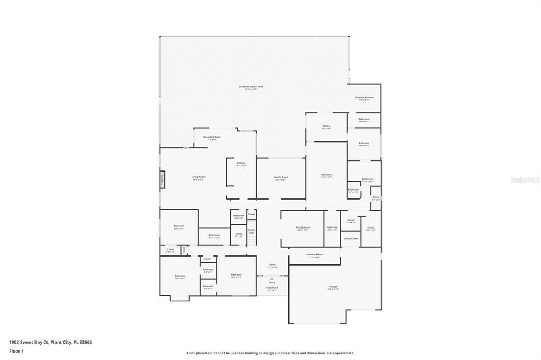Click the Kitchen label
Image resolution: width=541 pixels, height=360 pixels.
[x=241, y=164]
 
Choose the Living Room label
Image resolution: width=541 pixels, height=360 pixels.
[x=198, y=178]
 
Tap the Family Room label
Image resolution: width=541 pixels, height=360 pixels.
[x=281, y=178]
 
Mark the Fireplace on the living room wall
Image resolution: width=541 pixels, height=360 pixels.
[x=162, y=178]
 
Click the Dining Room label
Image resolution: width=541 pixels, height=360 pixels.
[x=303, y=228]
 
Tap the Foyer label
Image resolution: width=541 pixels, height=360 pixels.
[x=273, y=266]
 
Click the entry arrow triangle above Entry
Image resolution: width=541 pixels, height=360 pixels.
[x=272, y=278]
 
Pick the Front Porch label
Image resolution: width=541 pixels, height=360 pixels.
[x=272, y=289]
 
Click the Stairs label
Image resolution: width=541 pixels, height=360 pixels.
[x=251, y=231]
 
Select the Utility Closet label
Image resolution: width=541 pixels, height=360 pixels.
[x=351, y=238]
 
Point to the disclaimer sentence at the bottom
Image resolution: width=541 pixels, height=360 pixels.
[x=270, y=353]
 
